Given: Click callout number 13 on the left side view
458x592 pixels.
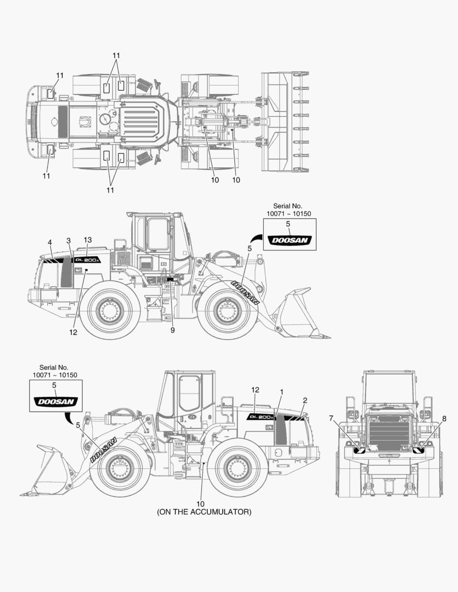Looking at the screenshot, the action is click(88, 240).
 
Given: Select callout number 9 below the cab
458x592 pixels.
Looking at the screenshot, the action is click(173, 331).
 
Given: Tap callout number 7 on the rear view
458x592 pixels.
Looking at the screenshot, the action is click(331, 418).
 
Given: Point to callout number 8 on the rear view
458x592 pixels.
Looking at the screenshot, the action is click(444, 418).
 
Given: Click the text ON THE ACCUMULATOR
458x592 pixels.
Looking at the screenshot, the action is click(204, 512).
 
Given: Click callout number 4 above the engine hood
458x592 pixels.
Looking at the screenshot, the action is click(50, 242).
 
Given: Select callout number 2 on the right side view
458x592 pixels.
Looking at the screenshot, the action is click(305, 401).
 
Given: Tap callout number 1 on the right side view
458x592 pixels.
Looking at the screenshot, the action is click(281, 392).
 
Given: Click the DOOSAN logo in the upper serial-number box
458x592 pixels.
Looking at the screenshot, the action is click(290, 240).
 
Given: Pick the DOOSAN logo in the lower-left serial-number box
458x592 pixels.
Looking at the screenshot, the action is click(56, 401).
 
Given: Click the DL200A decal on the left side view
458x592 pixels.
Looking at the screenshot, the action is click(87, 260).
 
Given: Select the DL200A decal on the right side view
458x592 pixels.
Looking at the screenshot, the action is click(261, 417).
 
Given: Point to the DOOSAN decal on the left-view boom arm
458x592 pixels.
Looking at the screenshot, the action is click(245, 293).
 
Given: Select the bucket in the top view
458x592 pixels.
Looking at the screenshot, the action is click(285, 121).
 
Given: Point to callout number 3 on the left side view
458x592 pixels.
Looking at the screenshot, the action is click(69, 241).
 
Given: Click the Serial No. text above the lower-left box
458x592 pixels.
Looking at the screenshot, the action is click(54, 367).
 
